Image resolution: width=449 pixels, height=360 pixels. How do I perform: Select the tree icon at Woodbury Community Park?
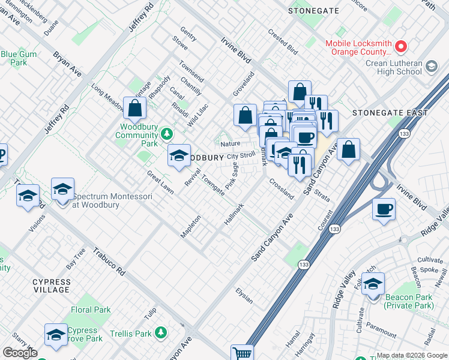pos(169,133)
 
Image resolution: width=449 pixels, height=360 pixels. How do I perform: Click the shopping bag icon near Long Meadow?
pos(135,109)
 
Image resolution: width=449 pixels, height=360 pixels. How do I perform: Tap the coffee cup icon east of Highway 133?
pos(384,210)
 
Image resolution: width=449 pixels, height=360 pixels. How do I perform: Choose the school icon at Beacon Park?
pos(373,283)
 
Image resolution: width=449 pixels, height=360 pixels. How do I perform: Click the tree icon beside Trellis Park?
pos(160,332)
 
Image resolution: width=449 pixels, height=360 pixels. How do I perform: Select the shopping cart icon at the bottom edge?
pos(242,353)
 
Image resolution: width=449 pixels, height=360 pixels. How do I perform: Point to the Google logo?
pos(20,353)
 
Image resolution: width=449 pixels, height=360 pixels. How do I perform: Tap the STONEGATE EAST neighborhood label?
pos(390,113)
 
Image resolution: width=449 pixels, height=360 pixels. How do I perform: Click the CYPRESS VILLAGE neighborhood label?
pos(52,286)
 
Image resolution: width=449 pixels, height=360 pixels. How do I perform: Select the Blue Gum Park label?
pos(14,58)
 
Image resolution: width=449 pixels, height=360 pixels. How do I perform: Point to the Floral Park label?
pos(91,310)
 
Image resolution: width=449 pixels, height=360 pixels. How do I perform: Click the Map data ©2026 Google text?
pos(412,356)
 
